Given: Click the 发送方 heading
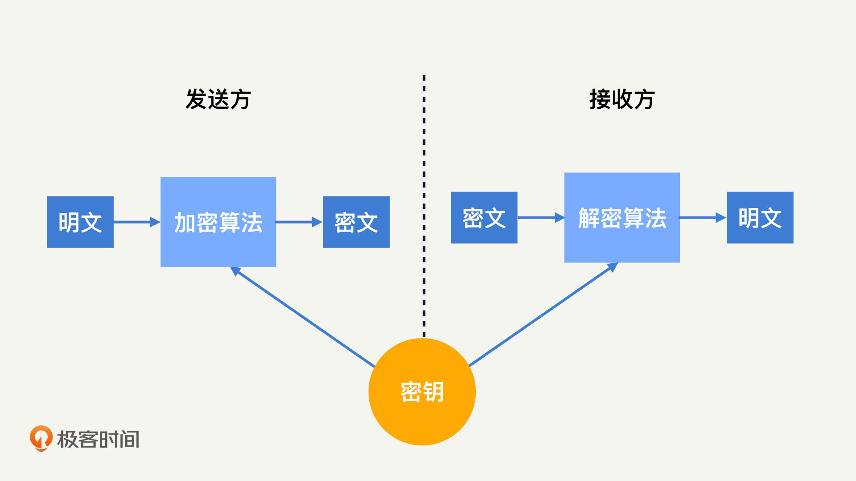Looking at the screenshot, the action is point(218,99).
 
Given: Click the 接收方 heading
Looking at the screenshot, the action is point(622,99).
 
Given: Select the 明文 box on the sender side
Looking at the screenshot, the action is point(80,222).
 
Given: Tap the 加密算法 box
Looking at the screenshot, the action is point(218,222).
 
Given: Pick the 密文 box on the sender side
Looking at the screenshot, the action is point(356,222).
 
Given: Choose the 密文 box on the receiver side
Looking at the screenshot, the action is point(484,217).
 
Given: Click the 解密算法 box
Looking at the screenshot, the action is point(622,217).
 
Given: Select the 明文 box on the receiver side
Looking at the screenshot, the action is point(760,217).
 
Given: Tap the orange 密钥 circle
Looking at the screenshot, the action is point(422,392).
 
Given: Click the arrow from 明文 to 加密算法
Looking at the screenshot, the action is point(137,222).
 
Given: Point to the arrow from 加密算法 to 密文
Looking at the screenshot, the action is point(299,222).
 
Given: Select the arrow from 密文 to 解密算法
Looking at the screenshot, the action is point(541,217).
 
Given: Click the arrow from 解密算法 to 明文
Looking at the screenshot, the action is point(703,217).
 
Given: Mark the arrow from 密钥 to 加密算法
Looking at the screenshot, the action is point(302,317).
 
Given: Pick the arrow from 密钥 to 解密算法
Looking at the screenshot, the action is point(543,314).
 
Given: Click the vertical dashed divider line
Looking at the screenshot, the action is point(424,206).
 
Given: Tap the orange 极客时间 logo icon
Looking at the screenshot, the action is point(41,438).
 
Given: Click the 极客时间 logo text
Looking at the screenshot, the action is point(98,439).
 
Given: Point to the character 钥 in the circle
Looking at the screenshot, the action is point(433,392).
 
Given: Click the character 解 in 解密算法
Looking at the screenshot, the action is point(589,218).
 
